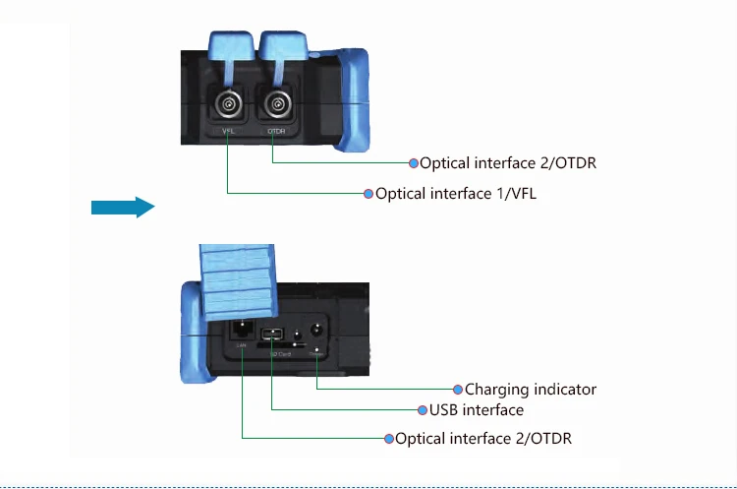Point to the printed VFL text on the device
[227, 130]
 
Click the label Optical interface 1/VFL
[455, 194]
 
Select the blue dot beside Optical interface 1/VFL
[368, 194]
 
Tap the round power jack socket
[317, 333]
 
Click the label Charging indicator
[530, 390]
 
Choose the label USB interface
[476, 409]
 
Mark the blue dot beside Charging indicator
[458, 390]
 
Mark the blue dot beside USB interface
[423, 409]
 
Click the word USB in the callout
[444, 409]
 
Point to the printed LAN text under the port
[241, 347]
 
